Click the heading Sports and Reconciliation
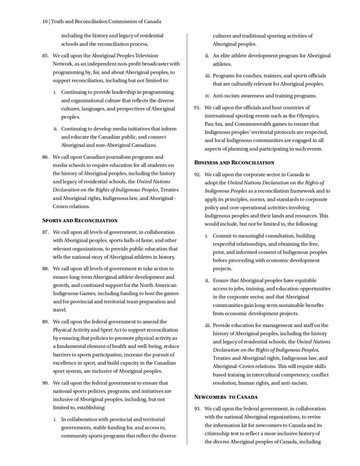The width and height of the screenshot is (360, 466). (x=80, y=220)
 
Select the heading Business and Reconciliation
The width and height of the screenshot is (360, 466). (x=234, y=163)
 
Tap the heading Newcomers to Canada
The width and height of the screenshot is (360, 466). (x=226, y=397)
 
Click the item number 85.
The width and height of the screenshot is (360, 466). (x=46, y=56)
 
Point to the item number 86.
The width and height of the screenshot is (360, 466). (x=46, y=157)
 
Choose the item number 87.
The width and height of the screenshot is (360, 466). (x=46, y=232)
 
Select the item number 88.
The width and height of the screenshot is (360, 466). (x=46, y=268)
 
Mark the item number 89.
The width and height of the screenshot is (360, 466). (x=46, y=321)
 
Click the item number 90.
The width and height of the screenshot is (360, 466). (x=46, y=383)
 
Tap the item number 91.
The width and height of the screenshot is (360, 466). (x=198, y=108)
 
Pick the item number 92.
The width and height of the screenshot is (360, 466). (x=198, y=174)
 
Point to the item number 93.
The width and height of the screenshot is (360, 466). (x=198, y=409)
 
